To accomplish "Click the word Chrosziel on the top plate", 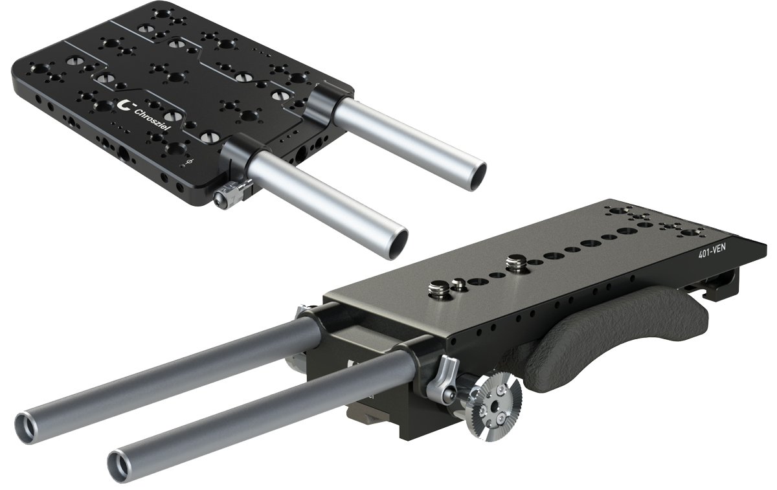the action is point(152,120).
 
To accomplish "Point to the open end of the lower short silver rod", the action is point(396,245).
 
